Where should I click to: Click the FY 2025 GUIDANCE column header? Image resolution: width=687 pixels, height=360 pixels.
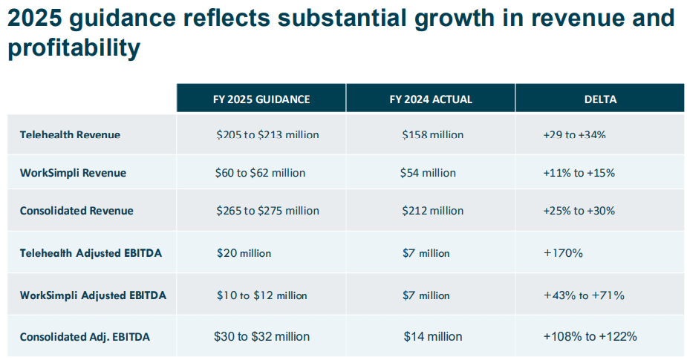point(261,99)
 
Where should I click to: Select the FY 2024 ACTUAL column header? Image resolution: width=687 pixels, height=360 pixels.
point(431,99)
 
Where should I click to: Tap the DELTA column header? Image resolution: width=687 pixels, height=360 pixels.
point(600,99)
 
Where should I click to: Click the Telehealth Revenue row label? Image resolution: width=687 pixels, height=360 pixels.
point(70,134)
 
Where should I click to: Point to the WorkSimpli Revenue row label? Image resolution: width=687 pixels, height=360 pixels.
point(74,173)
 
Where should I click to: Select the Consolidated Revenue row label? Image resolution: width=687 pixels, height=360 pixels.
point(76,211)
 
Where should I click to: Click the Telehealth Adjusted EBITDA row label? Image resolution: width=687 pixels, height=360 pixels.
point(91,253)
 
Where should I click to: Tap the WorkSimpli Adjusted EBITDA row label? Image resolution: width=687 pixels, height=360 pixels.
point(93,295)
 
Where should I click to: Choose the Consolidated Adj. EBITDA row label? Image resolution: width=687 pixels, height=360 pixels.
point(85,337)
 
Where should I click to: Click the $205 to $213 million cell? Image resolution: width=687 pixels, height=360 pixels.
point(267,134)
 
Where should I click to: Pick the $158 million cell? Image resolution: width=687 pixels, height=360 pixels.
point(432,134)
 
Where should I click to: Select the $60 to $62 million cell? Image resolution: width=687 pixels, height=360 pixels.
point(260,173)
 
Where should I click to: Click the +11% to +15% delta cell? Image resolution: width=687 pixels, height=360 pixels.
point(579,173)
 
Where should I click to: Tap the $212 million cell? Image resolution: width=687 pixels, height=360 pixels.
point(432,211)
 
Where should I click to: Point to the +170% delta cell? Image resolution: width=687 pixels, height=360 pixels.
point(563,253)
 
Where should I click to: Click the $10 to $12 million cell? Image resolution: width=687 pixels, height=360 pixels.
point(261,295)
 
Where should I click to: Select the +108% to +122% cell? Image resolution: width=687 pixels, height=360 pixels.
point(590,336)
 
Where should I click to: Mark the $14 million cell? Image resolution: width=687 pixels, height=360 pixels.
point(433,336)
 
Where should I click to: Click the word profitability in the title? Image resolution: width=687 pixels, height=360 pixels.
point(74,48)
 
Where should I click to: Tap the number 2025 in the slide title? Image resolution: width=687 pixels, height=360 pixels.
point(35,18)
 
